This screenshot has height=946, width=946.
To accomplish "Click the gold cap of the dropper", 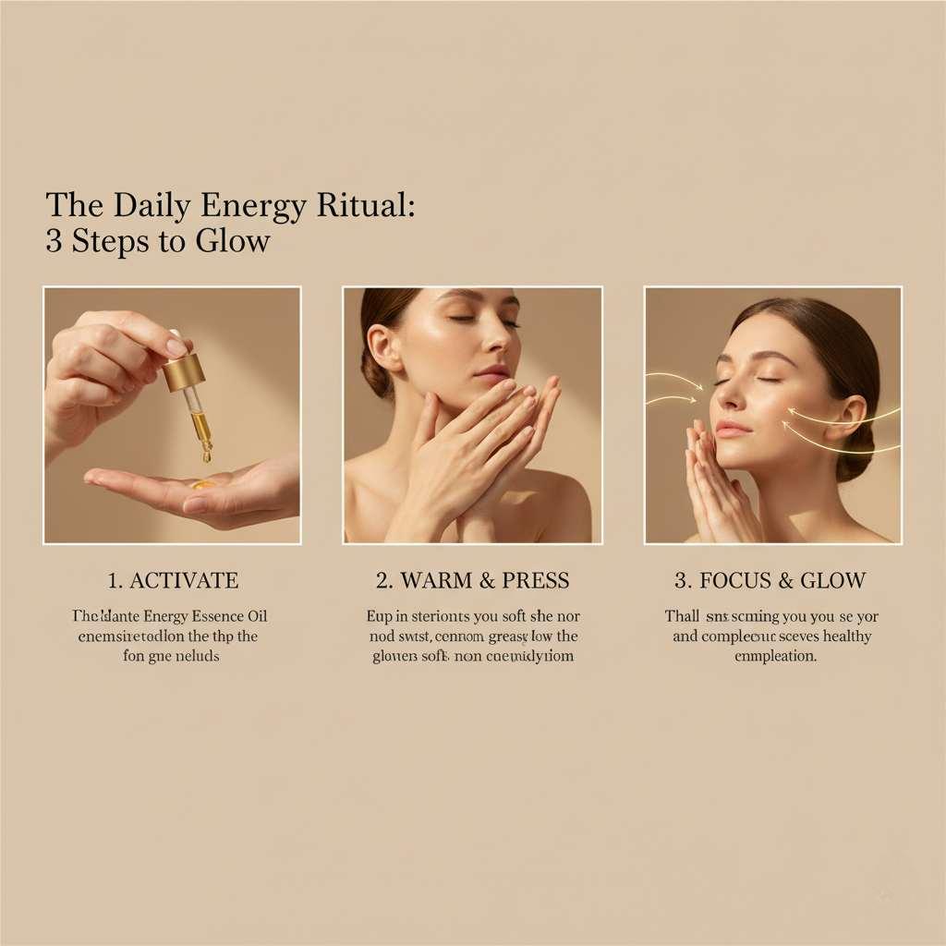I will [x=183, y=371].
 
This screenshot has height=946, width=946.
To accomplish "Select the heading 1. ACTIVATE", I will [x=173, y=581].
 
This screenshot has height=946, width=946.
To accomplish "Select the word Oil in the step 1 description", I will [x=256, y=616].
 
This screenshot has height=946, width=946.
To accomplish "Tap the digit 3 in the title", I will [x=53, y=241].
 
